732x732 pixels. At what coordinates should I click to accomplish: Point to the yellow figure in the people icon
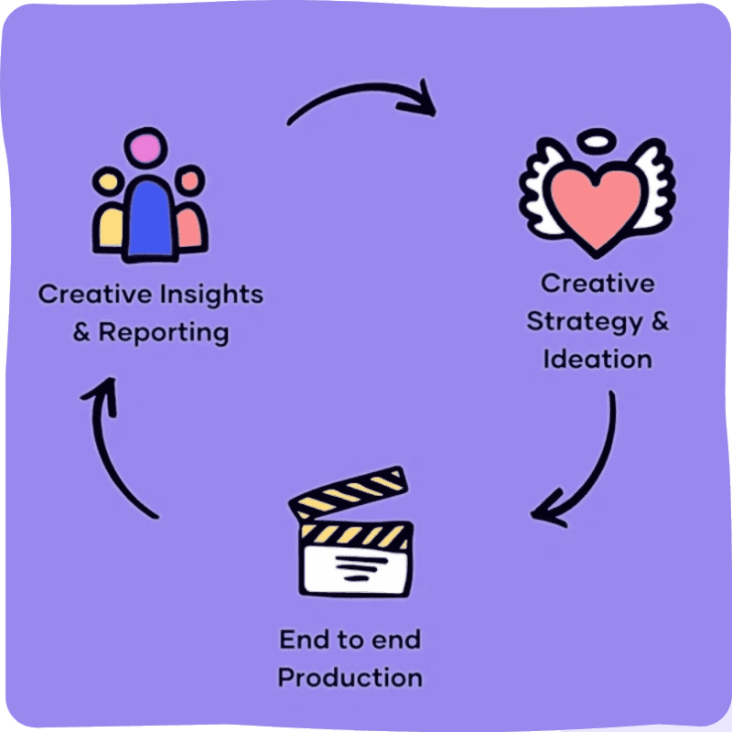110,220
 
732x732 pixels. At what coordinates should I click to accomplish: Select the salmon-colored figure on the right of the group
190,220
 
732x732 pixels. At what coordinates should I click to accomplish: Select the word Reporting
164,331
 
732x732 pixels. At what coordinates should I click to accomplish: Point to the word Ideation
597,359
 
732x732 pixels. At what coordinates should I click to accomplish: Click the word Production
350,678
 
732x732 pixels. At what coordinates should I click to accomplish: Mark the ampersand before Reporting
81,331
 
